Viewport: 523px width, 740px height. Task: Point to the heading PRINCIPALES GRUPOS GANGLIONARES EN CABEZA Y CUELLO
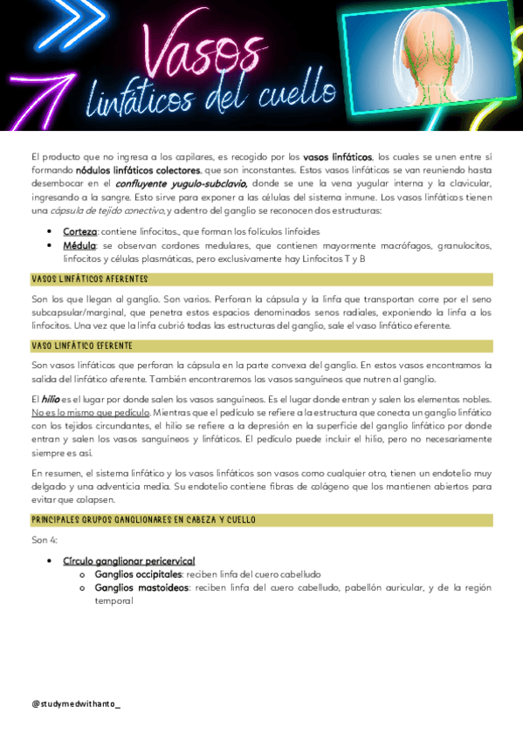[x=143, y=520]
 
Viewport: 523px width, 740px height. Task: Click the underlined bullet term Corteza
[x=79, y=232]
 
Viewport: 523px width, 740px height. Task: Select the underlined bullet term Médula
[x=79, y=246]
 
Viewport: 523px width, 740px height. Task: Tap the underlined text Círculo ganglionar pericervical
[x=128, y=560]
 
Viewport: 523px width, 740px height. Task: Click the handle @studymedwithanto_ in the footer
[x=76, y=703]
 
